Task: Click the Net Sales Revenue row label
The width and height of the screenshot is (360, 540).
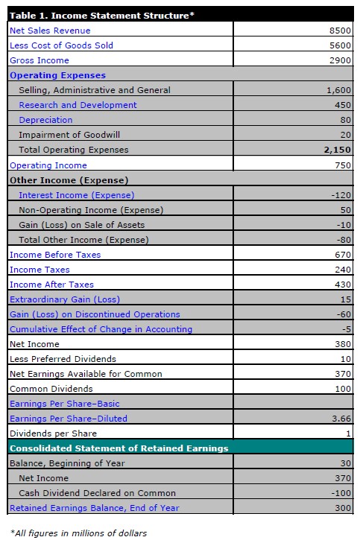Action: (50, 31)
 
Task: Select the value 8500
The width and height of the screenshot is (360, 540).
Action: (339, 31)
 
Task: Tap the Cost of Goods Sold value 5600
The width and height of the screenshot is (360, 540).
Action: (339, 45)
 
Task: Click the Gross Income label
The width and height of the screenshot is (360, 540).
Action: (40, 60)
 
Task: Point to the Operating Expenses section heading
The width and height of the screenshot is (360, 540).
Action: (57, 75)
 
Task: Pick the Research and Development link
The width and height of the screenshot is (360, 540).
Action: (78, 105)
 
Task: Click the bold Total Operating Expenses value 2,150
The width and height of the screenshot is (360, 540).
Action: (337, 150)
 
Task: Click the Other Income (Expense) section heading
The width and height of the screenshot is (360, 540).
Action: (69, 180)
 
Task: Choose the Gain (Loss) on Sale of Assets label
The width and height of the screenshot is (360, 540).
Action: (81, 225)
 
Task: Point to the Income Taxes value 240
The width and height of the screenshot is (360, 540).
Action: (342, 270)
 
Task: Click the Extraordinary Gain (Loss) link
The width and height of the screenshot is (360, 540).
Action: (64, 299)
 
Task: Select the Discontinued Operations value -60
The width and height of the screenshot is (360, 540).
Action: (343, 314)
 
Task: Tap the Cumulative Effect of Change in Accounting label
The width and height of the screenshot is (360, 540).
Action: (101, 329)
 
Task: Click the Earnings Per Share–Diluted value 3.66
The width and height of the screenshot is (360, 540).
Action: (341, 419)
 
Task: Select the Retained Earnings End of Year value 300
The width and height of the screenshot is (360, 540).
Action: (342, 508)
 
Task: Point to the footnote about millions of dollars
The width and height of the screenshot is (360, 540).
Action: (78, 533)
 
